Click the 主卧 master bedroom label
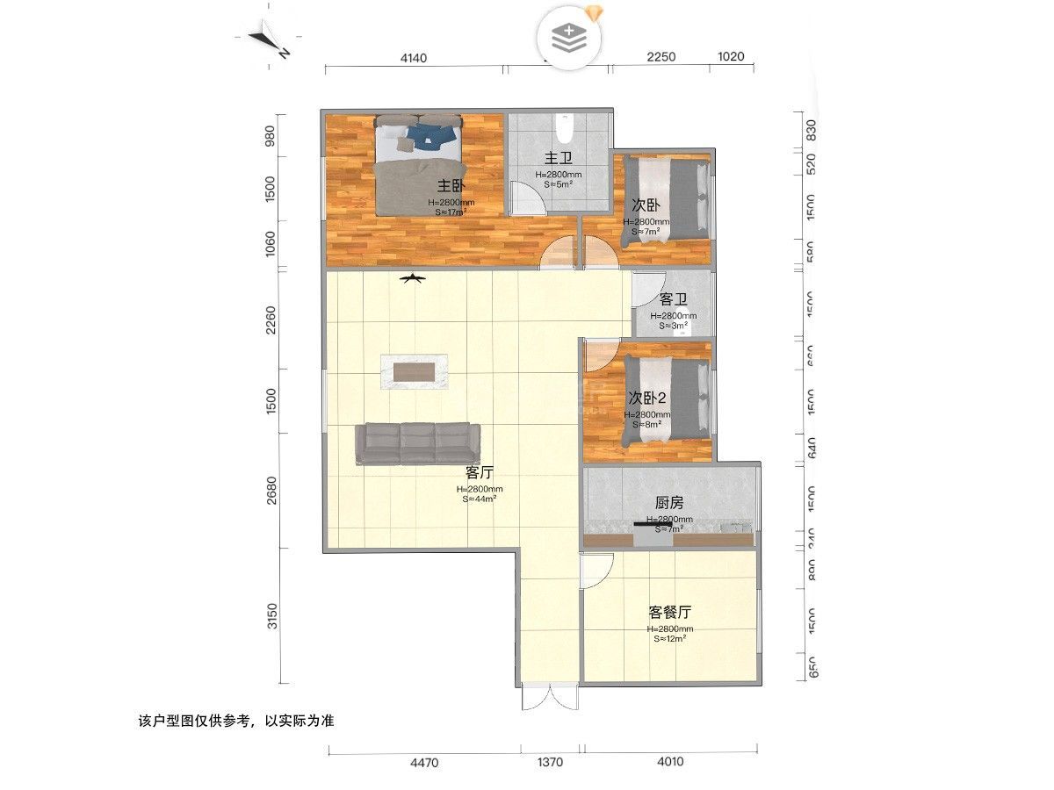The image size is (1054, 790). [451, 186]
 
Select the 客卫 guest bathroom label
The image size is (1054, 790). [673, 299]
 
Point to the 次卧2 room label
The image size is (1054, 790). [647, 397]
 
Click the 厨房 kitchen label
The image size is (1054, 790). [669, 503]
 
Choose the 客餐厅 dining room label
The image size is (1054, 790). [669, 612]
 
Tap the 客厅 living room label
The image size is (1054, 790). [479, 471]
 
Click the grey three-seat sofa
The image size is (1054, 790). [417, 442]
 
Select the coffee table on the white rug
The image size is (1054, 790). [414, 372]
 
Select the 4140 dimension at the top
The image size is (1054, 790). [413, 57]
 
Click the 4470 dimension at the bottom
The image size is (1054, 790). [424, 763]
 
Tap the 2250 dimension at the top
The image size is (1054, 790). [661, 57]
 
